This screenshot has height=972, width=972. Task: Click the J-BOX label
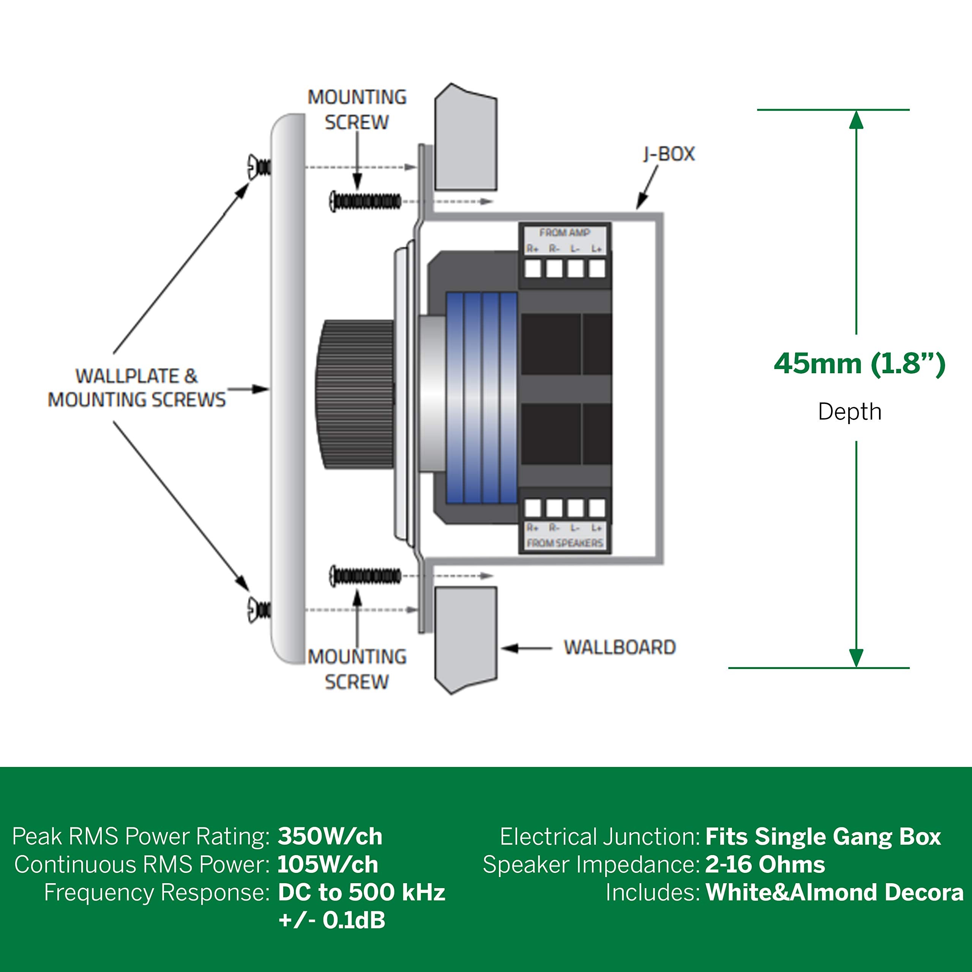[x=669, y=154]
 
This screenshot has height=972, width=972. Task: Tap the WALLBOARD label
[x=619, y=647]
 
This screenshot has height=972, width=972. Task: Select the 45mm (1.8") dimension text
[x=859, y=363]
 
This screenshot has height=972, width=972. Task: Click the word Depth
[x=849, y=412]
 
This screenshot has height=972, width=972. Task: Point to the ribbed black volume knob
[x=355, y=395]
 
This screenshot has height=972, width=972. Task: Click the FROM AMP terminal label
[x=565, y=233]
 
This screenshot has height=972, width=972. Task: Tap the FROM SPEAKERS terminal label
[x=565, y=543]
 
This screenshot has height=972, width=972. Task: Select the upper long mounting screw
[x=366, y=201]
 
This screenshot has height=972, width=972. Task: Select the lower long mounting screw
[x=366, y=576]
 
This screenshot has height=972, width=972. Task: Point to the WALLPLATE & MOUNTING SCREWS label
[x=136, y=388]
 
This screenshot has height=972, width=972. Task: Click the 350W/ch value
[x=330, y=837]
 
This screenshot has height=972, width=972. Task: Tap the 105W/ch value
[x=328, y=865]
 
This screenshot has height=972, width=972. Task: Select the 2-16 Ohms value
[x=765, y=865]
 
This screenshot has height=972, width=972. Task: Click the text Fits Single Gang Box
[x=823, y=837]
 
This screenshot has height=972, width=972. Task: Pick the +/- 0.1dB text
[x=331, y=920]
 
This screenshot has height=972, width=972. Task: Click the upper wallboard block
[x=465, y=138]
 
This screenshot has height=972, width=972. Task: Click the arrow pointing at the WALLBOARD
[x=526, y=648]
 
